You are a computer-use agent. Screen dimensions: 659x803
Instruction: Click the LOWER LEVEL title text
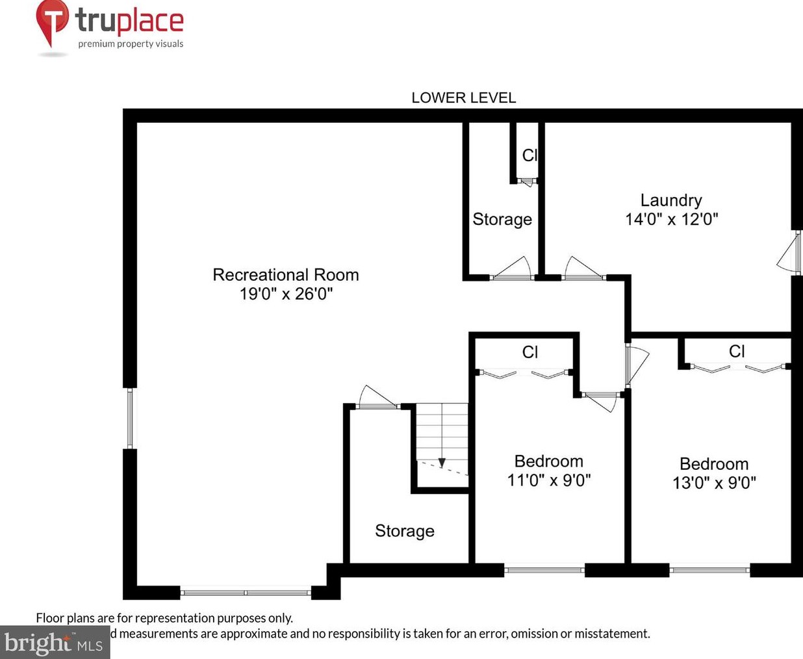click(463, 98)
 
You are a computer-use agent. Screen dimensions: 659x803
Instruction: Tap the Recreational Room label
click(286, 275)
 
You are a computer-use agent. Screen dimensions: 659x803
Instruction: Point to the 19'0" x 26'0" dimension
click(286, 294)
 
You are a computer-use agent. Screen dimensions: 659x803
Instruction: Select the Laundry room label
click(671, 200)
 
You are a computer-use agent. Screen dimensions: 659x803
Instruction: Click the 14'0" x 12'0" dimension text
click(671, 219)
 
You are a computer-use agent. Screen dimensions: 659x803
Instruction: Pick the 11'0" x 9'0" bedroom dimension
click(549, 480)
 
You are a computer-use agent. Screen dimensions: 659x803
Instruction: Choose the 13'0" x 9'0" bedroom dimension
click(714, 483)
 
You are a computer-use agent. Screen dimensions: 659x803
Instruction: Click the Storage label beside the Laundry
click(502, 220)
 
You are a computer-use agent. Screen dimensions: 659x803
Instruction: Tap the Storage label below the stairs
click(404, 531)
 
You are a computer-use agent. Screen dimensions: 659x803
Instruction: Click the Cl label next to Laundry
click(529, 155)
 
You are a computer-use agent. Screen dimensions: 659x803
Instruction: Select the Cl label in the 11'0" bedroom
click(529, 352)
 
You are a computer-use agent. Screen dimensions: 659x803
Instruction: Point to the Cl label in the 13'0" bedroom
click(736, 352)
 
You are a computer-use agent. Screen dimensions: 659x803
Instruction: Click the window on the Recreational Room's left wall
click(130, 418)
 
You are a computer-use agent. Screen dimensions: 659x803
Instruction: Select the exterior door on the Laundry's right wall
click(790, 253)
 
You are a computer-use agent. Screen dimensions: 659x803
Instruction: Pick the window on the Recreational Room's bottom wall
click(245, 592)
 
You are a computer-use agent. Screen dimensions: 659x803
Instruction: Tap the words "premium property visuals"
click(131, 44)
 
